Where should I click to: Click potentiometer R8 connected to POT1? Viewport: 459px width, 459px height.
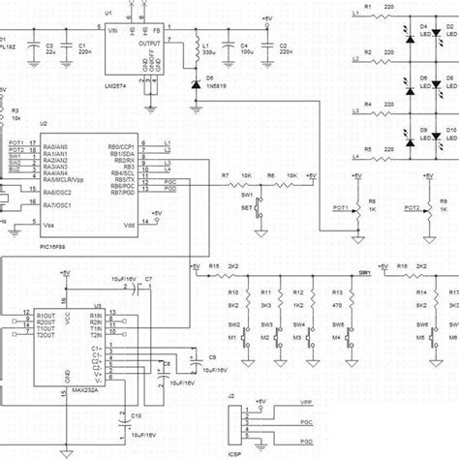click(x=361, y=207)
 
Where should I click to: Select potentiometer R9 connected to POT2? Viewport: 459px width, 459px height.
click(x=432, y=207)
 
